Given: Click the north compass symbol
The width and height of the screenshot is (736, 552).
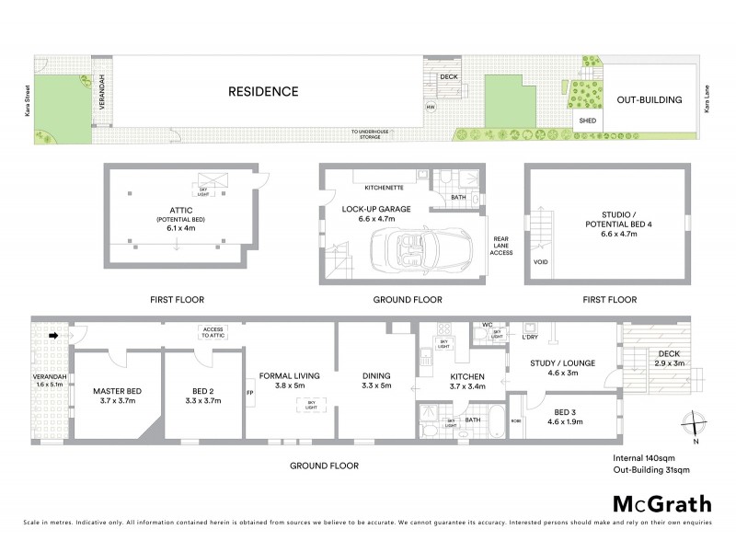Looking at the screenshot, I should tap(696, 426).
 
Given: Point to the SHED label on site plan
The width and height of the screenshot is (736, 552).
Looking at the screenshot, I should tap(585, 121).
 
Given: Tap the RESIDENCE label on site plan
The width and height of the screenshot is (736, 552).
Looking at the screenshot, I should tap(264, 91).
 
